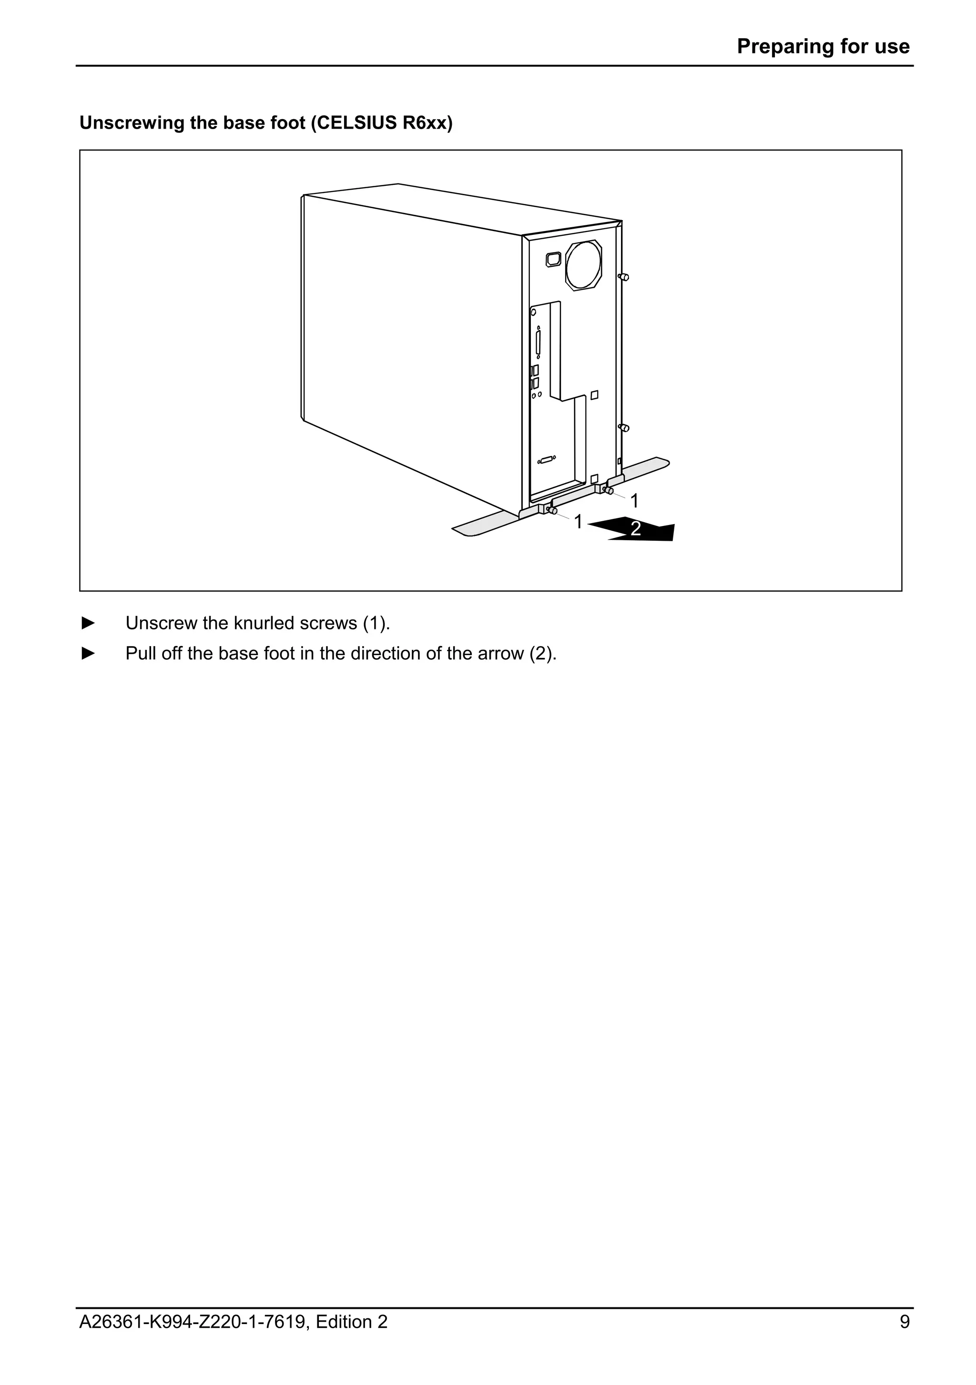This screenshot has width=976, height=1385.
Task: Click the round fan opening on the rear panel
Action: pyautogui.click(x=583, y=265)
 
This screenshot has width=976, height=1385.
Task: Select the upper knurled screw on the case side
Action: pyautogui.click(x=624, y=277)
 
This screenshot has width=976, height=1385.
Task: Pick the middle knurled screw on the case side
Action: pyautogui.click(x=624, y=428)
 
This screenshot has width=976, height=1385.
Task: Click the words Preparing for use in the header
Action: pyautogui.click(x=823, y=46)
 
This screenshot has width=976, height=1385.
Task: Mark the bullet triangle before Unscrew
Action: pyautogui.click(x=88, y=623)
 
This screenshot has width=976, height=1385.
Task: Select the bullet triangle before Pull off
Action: pyautogui.click(x=88, y=653)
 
